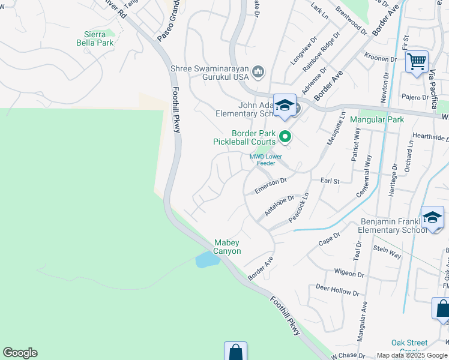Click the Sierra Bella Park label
(x=95, y=38)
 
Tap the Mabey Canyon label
(x=228, y=247)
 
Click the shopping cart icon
(x=417, y=61)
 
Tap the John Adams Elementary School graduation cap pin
(x=285, y=106)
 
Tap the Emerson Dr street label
(x=271, y=185)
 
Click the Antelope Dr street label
(x=279, y=206)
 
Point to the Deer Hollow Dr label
(x=337, y=290)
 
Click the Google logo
(x=20, y=353)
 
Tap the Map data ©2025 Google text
(x=411, y=355)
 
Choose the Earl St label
(x=330, y=181)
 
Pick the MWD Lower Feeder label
(x=266, y=160)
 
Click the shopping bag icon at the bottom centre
(x=235, y=352)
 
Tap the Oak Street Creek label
(x=409, y=347)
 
